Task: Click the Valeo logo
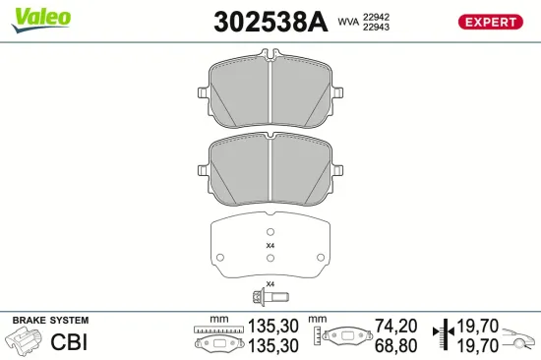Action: [x=39, y=15]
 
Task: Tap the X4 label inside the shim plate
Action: [x=271, y=245]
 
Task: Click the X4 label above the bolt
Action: [x=270, y=283]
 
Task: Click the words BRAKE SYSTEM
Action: [x=49, y=321]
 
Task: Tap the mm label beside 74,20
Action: [x=317, y=320]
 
